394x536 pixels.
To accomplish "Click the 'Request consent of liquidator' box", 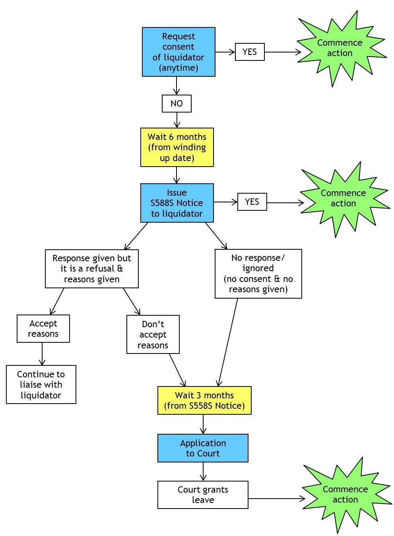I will pos(179,52).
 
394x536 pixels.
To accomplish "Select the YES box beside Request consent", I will pos(250,52).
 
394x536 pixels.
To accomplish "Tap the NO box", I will pos(177,103).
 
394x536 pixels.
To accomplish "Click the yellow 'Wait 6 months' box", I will pos(177,147).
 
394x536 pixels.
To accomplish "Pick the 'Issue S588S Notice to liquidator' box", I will pos(177,203).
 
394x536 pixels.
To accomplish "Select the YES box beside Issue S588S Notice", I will pos(252,202).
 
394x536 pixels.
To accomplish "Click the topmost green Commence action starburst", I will pos(340,48).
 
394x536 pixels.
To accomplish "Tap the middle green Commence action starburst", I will pos(344,198).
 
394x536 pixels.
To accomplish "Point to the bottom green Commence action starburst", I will pos(345,494).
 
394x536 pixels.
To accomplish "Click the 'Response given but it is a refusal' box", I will pos(92,269).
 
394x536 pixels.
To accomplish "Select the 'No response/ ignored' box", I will pos(258,274).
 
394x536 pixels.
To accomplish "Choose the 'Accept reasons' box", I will pos(43,328).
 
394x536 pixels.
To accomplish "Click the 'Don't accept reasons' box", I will pos(153,334).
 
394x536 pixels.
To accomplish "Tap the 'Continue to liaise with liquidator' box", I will pos(41,385).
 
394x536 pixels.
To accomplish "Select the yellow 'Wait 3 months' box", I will pos(204,400).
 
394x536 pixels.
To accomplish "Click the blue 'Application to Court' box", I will pos(203,448).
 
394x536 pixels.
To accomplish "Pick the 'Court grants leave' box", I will pos(203,495).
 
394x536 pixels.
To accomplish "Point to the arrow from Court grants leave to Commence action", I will pos(276,498).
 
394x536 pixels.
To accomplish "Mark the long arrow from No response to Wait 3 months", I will pos(228,342).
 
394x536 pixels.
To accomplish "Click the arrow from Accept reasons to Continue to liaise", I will pos(42,354).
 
